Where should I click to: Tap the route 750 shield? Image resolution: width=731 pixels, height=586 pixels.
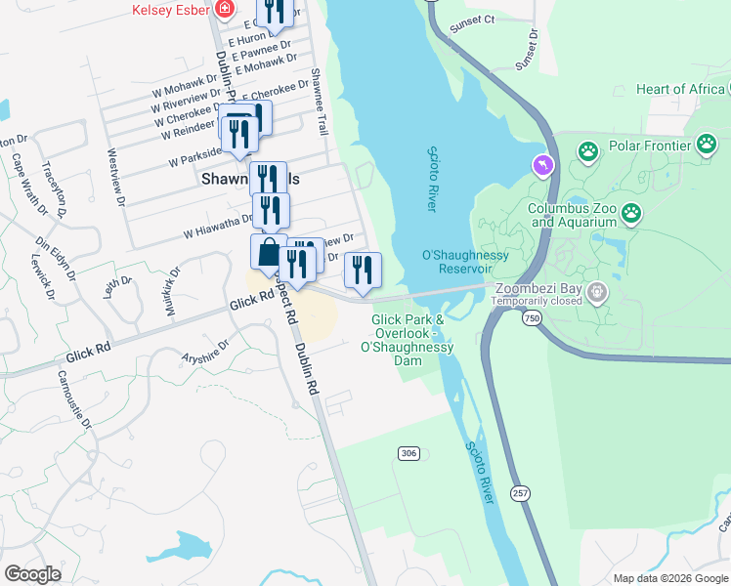(532, 319)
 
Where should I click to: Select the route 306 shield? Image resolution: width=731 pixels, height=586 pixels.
(408, 453)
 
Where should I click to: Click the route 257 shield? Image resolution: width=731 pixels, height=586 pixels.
(521, 494)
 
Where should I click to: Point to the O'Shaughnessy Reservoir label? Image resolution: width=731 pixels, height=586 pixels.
(465, 262)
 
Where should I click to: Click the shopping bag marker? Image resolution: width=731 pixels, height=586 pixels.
(269, 252)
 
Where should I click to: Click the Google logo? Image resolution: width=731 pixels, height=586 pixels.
(32, 574)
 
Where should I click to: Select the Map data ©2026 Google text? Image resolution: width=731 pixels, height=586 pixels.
(669, 578)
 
